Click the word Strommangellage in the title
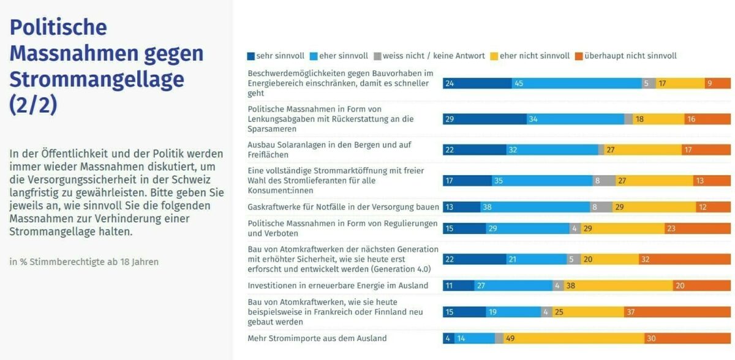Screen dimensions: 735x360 point(97,80)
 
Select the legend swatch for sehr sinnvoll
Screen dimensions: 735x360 point(251,56)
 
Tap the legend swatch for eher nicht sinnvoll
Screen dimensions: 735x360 point(494,56)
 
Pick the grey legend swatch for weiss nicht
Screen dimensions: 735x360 point(377,56)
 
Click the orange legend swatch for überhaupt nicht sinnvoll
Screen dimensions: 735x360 point(579,56)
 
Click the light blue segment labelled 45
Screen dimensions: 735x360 point(577,83)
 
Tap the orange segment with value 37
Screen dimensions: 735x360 point(677,312)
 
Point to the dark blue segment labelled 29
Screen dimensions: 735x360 point(484,119)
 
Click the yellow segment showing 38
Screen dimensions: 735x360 point(618,285)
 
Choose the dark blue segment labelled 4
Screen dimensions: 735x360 point(448,338)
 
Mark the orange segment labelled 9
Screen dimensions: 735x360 point(718,83)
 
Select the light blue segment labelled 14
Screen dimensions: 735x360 point(475,338)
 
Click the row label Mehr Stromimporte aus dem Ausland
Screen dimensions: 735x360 point(317,338)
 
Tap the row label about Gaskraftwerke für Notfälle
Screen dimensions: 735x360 point(343,207)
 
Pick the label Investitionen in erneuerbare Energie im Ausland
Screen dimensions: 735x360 point(338,285)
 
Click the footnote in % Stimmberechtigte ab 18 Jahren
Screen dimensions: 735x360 point(84,262)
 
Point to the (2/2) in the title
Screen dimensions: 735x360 point(33,105)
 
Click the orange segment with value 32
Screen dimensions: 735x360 point(685,260)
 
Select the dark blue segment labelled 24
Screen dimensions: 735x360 point(477,83)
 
